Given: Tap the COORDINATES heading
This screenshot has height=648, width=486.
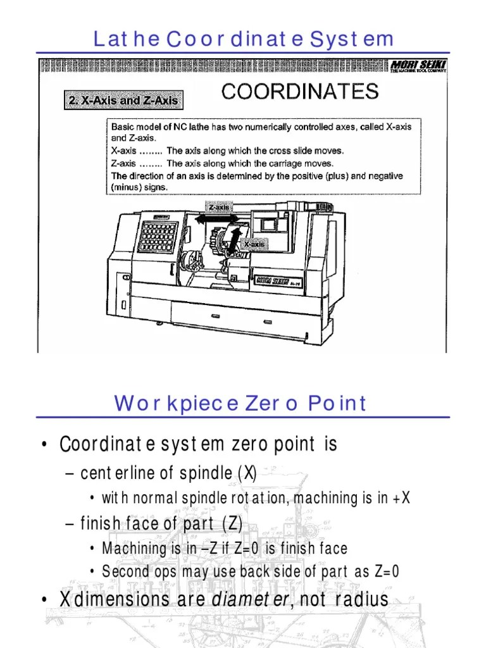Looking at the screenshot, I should click(300, 92).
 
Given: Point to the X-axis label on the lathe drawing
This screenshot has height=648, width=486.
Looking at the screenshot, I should click(254, 244).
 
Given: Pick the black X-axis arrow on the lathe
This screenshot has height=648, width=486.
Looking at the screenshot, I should click(235, 241).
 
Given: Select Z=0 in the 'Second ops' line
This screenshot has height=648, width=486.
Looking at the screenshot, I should click(386, 571).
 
